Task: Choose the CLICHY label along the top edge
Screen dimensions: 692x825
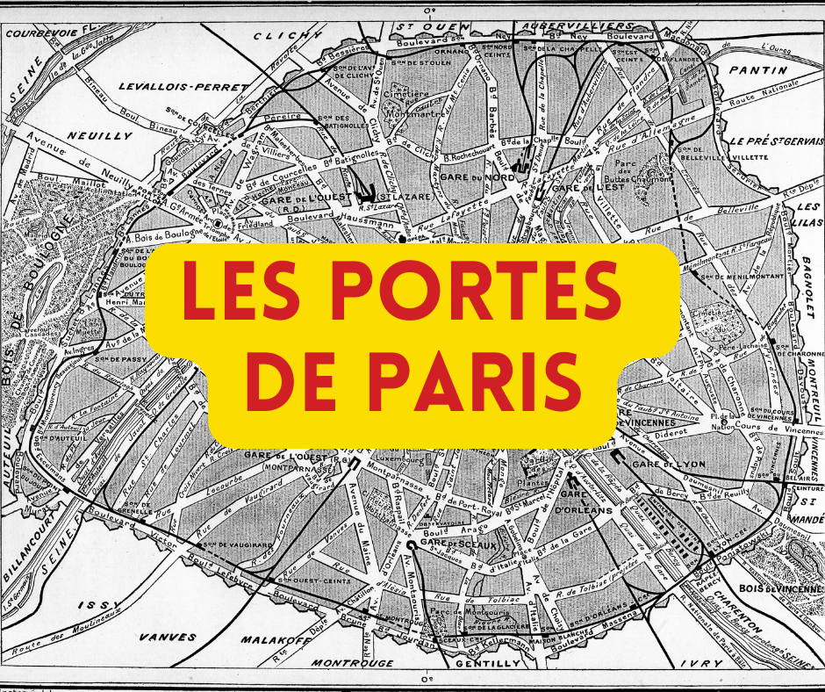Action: pyautogui.click(x=288, y=36)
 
